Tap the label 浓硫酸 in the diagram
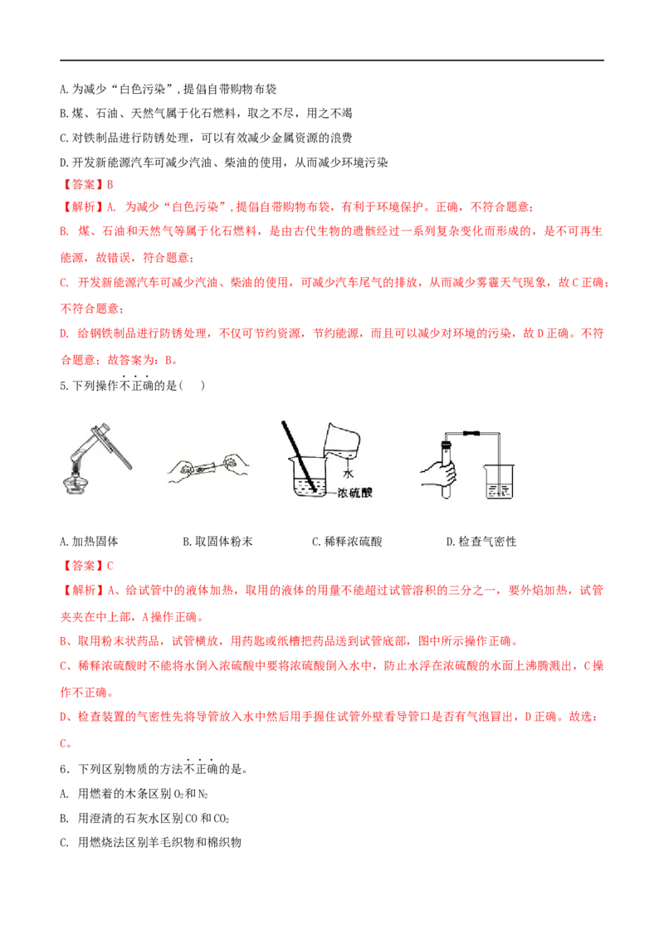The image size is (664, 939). [354, 493]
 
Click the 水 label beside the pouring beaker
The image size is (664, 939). [348, 473]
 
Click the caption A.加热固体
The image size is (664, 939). [90, 542]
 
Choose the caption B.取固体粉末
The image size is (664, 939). [217, 542]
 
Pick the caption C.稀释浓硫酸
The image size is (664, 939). [347, 542]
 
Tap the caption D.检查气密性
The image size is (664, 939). [481, 542]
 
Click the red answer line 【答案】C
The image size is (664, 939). [87, 566]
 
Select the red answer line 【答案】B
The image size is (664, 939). [87, 184]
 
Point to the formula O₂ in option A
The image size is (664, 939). [178, 794]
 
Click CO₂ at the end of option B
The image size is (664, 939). [222, 819]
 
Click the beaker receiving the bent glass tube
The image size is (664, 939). [499, 480]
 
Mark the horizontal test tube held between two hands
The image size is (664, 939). [208, 466]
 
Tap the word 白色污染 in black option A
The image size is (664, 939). [142, 90]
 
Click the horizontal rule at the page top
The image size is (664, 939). [332, 60]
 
